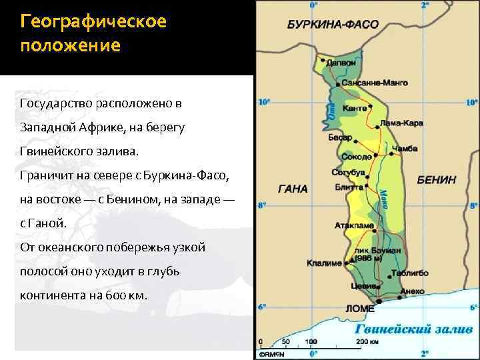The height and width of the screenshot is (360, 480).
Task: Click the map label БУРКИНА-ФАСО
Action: (x=333, y=25)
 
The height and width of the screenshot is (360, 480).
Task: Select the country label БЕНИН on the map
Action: (x=437, y=180)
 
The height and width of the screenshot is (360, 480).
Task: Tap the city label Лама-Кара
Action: (x=401, y=124)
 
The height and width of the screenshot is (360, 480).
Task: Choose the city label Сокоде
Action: (x=355, y=157)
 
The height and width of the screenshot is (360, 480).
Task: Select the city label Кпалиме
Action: (x=325, y=262)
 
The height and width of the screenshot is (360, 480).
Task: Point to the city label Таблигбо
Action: (x=411, y=273)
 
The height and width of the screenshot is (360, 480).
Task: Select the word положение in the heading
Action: (x=70, y=47)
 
